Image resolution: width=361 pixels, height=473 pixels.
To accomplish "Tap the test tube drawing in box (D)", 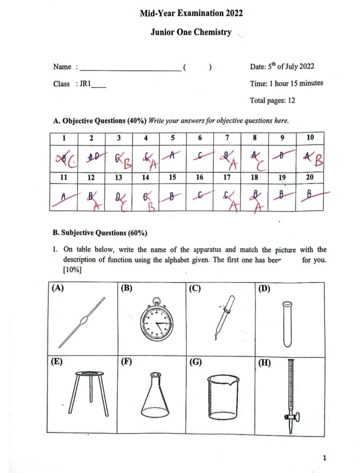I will pyautogui.click(x=287, y=323).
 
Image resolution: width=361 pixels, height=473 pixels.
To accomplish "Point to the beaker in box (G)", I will pyautogui.click(x=223, y=397).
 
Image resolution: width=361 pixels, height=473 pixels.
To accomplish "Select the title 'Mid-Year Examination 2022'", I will pyautogui.click(x=191, y=13).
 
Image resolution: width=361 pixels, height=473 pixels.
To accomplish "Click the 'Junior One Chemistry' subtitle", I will pyautogui.click(x=191, y=33).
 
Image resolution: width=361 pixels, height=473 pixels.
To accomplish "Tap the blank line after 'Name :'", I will pyautogui.click(x=130, y=69).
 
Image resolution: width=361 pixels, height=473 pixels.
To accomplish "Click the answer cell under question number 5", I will pyautogui.click(x=173, y=158).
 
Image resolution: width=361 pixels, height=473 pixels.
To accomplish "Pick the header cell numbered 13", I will pyautogui.click(x=118, y=177).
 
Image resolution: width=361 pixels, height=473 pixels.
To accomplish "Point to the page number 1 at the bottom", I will pyautogui.click(x=324, y=458).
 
